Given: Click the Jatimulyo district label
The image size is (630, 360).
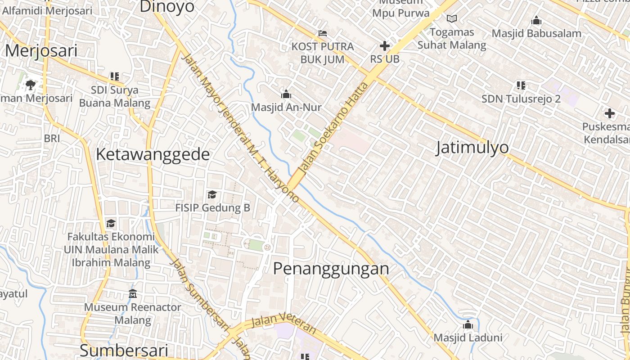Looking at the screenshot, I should coord(472,148).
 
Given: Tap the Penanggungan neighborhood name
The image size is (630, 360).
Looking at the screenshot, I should coord(331,269).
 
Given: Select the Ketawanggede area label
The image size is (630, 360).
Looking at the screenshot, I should coord(153,154).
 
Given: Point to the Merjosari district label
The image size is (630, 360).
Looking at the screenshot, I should coord(41,50).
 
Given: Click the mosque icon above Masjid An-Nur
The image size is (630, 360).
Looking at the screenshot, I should coord(286,94).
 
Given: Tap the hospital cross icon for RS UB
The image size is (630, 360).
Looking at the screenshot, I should coord(385,46).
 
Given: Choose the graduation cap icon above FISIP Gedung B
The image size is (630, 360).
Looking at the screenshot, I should coord(212,194).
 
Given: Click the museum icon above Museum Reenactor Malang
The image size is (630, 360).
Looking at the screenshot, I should coord(133,294).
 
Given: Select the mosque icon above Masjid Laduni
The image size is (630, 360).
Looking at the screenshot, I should coord(468,324).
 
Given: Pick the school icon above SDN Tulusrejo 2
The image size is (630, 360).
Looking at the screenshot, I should coord(521,85).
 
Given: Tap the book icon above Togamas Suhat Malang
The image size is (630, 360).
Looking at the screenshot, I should coord(452,19).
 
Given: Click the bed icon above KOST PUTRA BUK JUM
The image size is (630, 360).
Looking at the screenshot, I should coord(322,33).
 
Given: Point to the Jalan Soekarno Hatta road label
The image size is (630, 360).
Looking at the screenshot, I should coord(333,128).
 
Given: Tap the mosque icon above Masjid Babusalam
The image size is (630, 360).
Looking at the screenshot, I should coord(536,21).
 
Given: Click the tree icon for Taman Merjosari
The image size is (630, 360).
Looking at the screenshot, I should coord(31,84).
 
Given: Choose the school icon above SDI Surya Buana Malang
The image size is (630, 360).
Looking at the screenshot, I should coord(115,76).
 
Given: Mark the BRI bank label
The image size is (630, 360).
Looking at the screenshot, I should coord(52,139).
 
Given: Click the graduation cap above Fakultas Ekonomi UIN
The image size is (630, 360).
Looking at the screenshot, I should coord(111,223).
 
